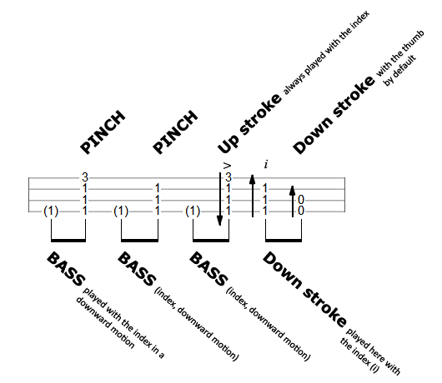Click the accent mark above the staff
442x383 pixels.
pos(227,166)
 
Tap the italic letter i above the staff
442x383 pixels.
pos(266,164)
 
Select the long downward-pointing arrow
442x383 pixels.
pos(220,199)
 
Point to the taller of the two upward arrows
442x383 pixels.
pos(253,196)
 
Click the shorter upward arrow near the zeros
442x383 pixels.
pos(293,201)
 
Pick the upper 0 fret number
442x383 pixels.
pos(301,200)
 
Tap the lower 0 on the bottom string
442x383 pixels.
pos(301,211)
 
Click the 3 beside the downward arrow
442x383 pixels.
pos(229,177)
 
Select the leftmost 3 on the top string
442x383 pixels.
pos(85,177)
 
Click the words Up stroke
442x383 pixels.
pos(249,123)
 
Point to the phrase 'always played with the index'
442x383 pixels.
pos(326,52)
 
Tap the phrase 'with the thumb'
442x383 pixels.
pos(399,53)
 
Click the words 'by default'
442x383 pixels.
pos(400,70)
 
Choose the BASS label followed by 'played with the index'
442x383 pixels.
pos(66,269)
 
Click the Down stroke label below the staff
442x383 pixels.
pos(304,290)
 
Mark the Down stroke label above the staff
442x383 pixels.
pos(334,115)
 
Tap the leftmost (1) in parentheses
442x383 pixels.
pos(51,211)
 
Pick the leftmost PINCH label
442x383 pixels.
pos(103,132)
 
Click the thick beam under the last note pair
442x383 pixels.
pos(284,240)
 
